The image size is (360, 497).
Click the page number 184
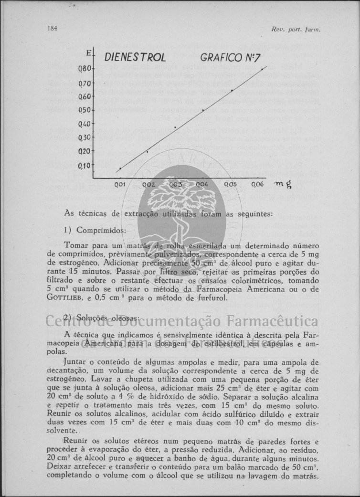click(x=52, y=28)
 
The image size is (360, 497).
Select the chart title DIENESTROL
click(x=135, y=58)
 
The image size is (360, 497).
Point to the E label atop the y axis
click(x=88, y=51)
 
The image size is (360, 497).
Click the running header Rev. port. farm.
click(x=296, y=29)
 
